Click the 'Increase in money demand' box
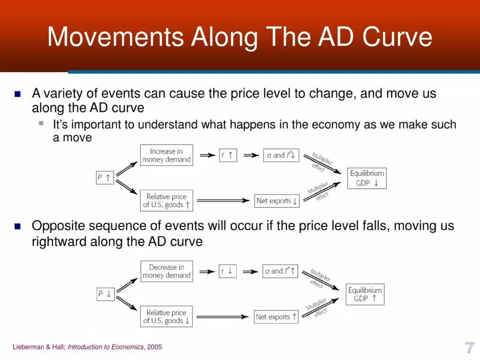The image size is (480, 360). tap(166, 155)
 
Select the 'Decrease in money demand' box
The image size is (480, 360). tap(166, 271)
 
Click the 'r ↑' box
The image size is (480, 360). tap(228, 155)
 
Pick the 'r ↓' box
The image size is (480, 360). tap(228, 271)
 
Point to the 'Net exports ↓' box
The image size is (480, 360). tap(278, 201)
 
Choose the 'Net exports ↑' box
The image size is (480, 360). tap(277, 316)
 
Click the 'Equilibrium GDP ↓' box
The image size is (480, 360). tap(367, 178)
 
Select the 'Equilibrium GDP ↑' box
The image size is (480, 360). tap(365, 295)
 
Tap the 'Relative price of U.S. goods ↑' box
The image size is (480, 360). tap(166, 201)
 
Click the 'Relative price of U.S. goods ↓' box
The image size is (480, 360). tap(166, 317)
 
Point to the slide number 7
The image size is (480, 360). tap(469, 347)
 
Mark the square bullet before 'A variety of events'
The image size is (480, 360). tap(17, 94)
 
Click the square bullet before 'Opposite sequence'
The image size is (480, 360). tap(17, 226)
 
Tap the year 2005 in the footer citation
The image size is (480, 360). tap(154, 347)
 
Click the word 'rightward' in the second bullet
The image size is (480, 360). tap(58, 241)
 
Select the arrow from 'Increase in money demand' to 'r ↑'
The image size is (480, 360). tap(207, 155)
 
